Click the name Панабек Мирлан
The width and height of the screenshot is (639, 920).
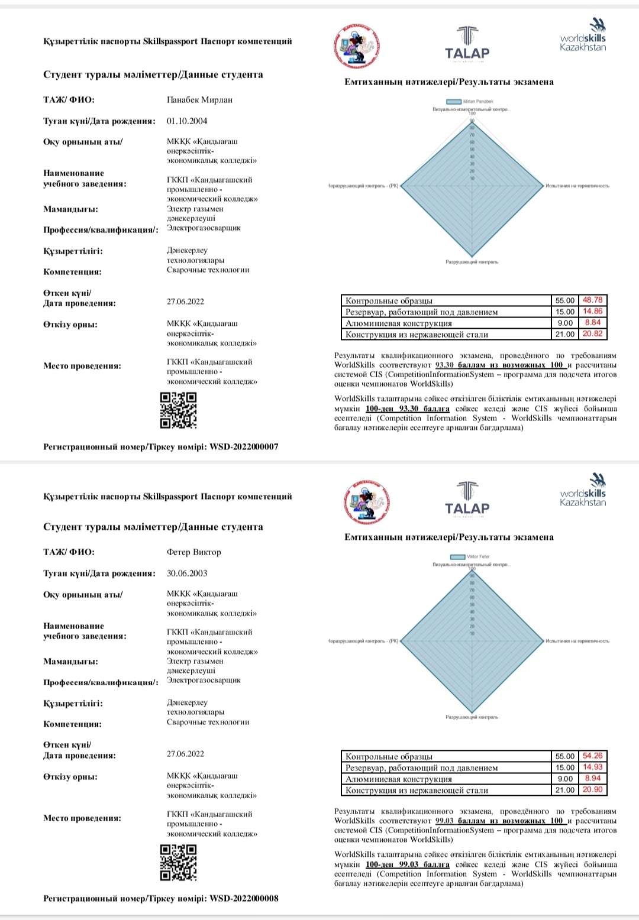pos(199,100)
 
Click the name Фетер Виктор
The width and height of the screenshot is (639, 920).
pos(193,552)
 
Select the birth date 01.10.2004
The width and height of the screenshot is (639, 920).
pos(187,121)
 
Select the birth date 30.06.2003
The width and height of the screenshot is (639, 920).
pos(187,574)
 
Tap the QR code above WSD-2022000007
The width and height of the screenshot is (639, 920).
pos(179,410)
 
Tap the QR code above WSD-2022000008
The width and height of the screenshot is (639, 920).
pos(179,863)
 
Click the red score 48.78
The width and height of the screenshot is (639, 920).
pos(592,300)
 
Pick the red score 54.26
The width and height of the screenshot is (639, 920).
pos(592,756)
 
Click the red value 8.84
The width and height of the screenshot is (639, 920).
pos(592,322)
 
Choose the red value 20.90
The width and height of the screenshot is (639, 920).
pos(592,789)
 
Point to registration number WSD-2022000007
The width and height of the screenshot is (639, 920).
pos(244,447)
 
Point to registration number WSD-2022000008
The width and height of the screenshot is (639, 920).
pos(244,899)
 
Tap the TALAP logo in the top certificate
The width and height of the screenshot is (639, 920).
pos(467,44)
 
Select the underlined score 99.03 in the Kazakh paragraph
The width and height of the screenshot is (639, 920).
pos(408,864)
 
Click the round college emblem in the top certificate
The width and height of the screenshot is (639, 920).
pos(356,45)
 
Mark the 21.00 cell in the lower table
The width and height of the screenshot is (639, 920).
pos(564,790)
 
